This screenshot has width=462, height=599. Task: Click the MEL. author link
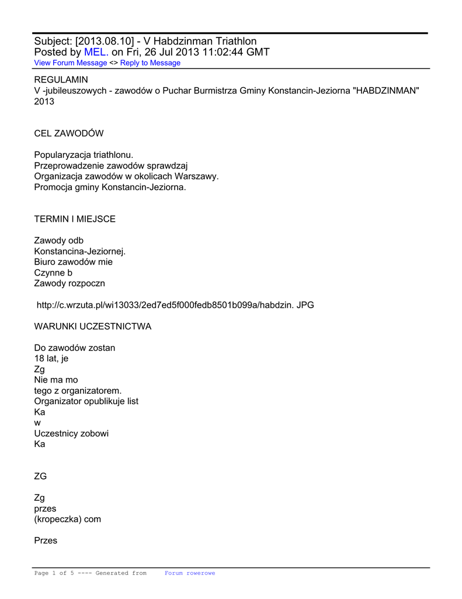point(96,52)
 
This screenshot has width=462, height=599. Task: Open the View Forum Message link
point(71,63)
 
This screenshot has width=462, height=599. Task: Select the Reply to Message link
point(150,63)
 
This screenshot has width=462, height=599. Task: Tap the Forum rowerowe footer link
point(190,573)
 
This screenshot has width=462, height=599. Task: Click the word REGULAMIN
point(61,79)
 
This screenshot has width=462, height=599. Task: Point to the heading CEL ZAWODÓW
point(69,133)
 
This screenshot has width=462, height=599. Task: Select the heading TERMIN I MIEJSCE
point(75,219)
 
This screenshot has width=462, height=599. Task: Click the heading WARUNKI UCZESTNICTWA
point(93,326)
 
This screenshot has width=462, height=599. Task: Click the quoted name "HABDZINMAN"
point(386,90)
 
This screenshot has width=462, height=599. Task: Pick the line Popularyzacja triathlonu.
point(84,155)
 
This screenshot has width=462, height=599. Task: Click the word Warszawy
point(199,176)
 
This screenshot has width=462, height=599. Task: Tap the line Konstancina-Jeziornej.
point(80,252)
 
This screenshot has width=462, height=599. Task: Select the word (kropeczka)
point(58,519)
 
